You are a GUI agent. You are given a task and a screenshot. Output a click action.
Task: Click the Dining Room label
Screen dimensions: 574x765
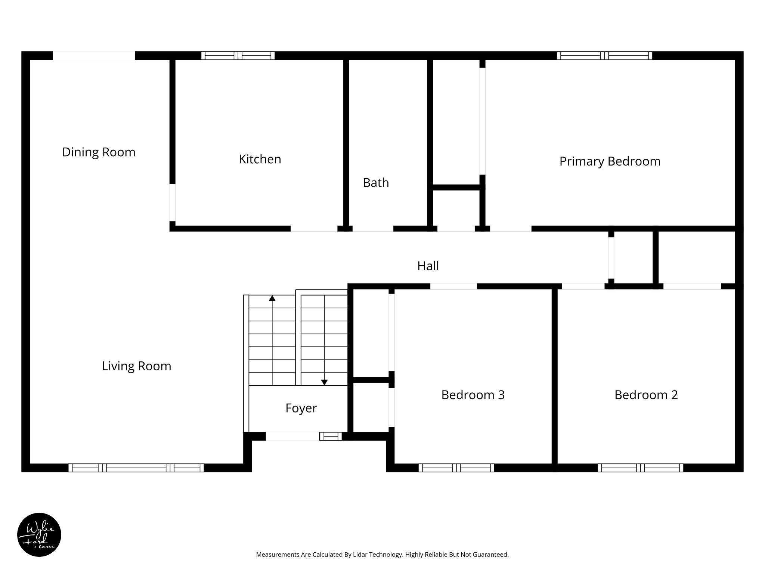[99, 152]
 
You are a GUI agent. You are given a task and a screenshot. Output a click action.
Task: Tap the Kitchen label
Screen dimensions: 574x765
[260, 159]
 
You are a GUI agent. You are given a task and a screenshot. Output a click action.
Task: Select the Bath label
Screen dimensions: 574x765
[376, 183]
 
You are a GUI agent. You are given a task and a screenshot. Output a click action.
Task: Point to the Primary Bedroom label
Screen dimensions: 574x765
[610, 161]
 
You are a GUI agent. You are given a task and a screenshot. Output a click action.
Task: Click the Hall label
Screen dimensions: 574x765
[428, 266]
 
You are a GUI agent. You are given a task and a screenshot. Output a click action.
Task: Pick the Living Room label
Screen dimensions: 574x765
[136, 366]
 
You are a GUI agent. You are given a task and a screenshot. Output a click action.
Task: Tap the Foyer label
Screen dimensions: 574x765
[301, 408]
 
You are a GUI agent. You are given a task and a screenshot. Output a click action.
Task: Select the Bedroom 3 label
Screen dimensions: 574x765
[473, 395]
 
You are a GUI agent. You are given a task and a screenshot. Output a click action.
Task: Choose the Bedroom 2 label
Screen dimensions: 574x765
[646, 395]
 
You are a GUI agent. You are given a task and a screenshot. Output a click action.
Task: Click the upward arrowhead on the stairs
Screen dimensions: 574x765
[272, 298]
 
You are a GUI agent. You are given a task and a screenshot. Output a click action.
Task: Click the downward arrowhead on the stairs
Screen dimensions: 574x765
[324, 382]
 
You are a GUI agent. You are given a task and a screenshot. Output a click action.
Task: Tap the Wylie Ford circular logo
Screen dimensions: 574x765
[39, 535]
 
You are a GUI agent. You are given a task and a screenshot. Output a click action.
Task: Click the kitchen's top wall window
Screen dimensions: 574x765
[238, 56]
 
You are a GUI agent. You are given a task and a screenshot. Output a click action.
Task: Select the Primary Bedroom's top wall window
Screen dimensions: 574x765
[604, 56]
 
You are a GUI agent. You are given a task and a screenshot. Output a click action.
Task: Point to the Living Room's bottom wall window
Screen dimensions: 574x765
[136, 467]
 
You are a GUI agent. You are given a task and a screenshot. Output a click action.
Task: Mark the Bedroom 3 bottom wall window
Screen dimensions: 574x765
[456, 467]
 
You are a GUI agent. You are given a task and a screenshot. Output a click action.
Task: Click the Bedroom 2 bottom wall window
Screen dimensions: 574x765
[640, 467]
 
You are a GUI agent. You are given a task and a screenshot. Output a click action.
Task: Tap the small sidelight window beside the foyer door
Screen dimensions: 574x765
[331, 436]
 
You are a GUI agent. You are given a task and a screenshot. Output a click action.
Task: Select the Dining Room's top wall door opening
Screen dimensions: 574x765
[94, 56]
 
